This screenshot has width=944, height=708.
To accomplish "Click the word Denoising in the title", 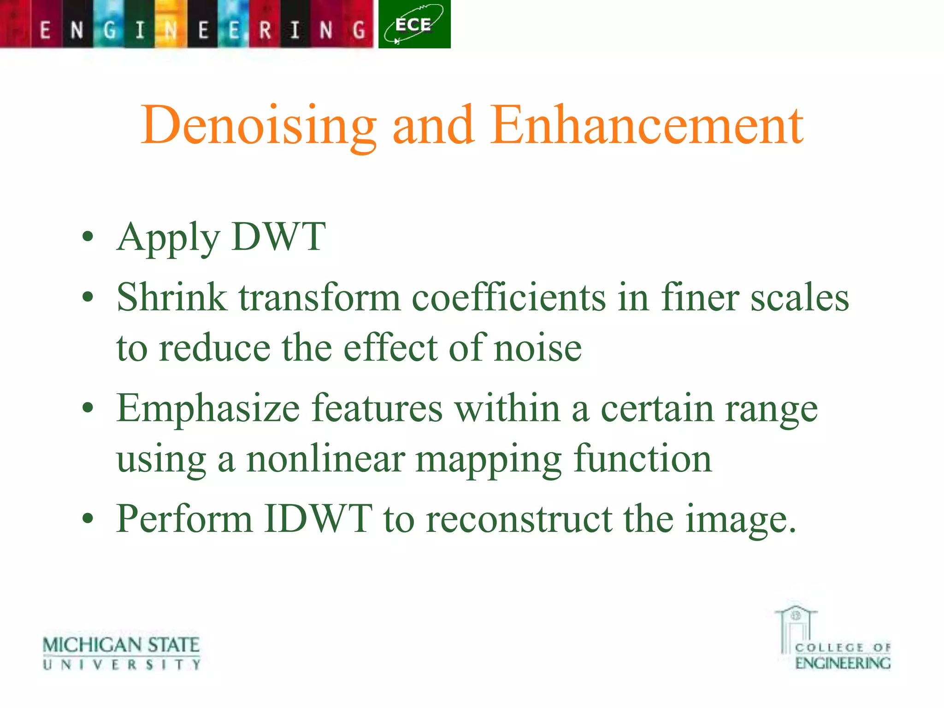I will (259, 125).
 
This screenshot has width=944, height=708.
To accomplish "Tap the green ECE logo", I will (414, 24).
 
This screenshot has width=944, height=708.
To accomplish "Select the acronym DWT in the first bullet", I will (279, 237).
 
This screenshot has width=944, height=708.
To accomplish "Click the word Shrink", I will (172, 297).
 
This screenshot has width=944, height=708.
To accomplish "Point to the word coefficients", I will (508, 297).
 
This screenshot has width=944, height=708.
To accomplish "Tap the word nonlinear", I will (326, 459).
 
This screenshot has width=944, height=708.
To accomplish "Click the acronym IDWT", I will (318, 519).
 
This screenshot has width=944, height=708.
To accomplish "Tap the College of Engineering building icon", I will (796, 627).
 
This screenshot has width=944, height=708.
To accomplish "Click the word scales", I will (799, 297).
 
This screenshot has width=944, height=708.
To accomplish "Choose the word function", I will (643, 459).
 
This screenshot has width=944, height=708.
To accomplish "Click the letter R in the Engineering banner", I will (265, 30).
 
